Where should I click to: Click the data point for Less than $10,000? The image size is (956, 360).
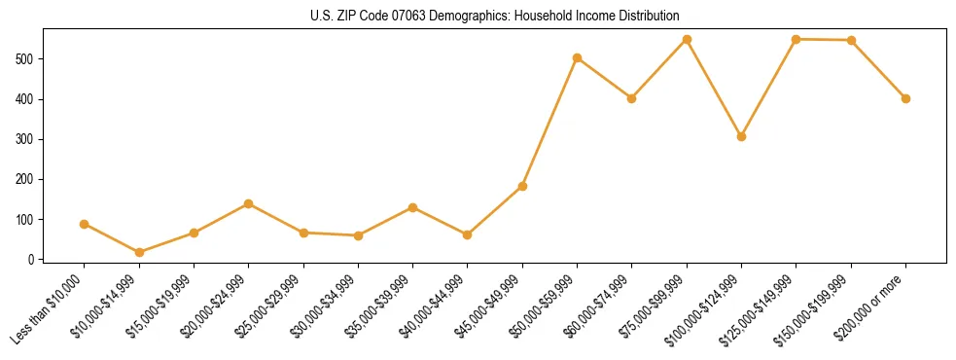85,224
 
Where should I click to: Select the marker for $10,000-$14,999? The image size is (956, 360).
139,252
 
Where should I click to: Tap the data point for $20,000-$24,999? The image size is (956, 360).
249,203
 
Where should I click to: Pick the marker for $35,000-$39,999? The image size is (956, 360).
413,207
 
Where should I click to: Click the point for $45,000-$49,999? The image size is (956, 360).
522,186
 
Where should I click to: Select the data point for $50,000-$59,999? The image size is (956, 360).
578,57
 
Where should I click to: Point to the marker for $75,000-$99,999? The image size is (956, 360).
687,39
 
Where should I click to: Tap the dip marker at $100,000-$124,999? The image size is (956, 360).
742,136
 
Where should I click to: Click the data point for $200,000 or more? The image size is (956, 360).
905,98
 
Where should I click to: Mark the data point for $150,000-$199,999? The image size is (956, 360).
851,40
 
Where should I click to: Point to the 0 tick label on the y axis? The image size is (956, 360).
32,260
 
